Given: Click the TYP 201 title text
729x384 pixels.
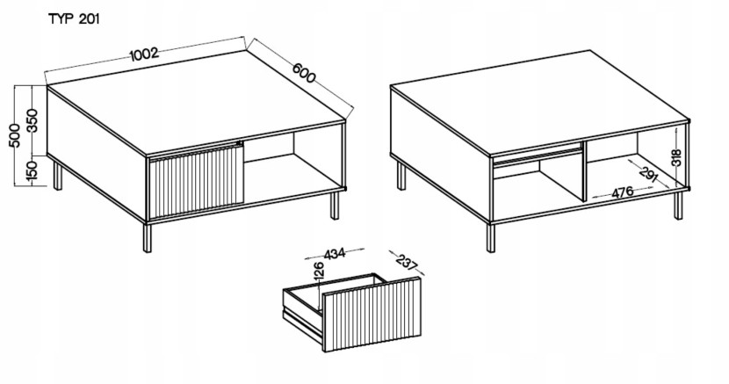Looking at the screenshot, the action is [x=74, y=19].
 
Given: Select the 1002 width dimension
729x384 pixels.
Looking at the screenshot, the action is [x=144, y=54].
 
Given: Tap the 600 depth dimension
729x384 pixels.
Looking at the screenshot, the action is [x=304, y=73].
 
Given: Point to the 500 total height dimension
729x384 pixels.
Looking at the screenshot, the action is [x=14, y=135].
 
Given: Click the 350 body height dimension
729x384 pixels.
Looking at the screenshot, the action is [x=32, y=120].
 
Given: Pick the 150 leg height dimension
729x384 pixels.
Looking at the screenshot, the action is [x=32, y=170].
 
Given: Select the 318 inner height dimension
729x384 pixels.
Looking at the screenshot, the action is [x=676, y=157].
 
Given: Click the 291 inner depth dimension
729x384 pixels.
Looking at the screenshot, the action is [x=648, y=174].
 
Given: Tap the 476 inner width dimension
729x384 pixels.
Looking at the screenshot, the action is [x=622, y=192].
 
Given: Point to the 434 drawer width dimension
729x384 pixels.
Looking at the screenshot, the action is [x=335, y=254].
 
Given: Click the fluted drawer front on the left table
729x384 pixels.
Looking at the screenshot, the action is [x=196, y=181].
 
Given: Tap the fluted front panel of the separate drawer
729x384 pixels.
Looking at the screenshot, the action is [x=372, y=315].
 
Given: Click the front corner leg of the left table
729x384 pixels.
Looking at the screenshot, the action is [x=148, y=237].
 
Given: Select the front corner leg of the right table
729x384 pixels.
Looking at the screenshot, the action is [x=490, y=237].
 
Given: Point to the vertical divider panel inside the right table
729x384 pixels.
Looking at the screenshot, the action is [x=584, y=172].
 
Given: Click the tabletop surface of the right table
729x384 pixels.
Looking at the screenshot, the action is [x=539, y=101].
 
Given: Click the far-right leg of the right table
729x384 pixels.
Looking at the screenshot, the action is [x=679, y=205].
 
